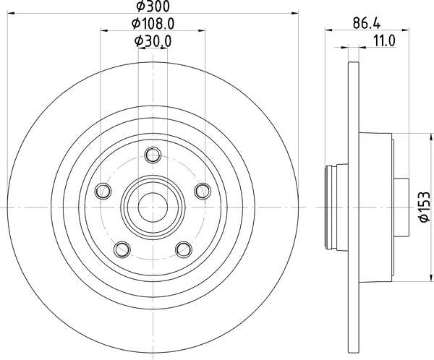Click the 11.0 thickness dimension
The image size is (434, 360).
pyautogui.click(x=383, y=41)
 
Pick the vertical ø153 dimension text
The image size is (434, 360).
pyautogui.click(x=425, y=207)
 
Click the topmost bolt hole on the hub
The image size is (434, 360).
pyautogui.click(x=152, y=154)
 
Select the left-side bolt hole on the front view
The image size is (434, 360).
pyautogui.click(x=103, y=191)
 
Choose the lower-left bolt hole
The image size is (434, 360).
pyautogui.click(x=122, y=249)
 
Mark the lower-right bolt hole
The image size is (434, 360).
pyautogui.click(x=183, y=249)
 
